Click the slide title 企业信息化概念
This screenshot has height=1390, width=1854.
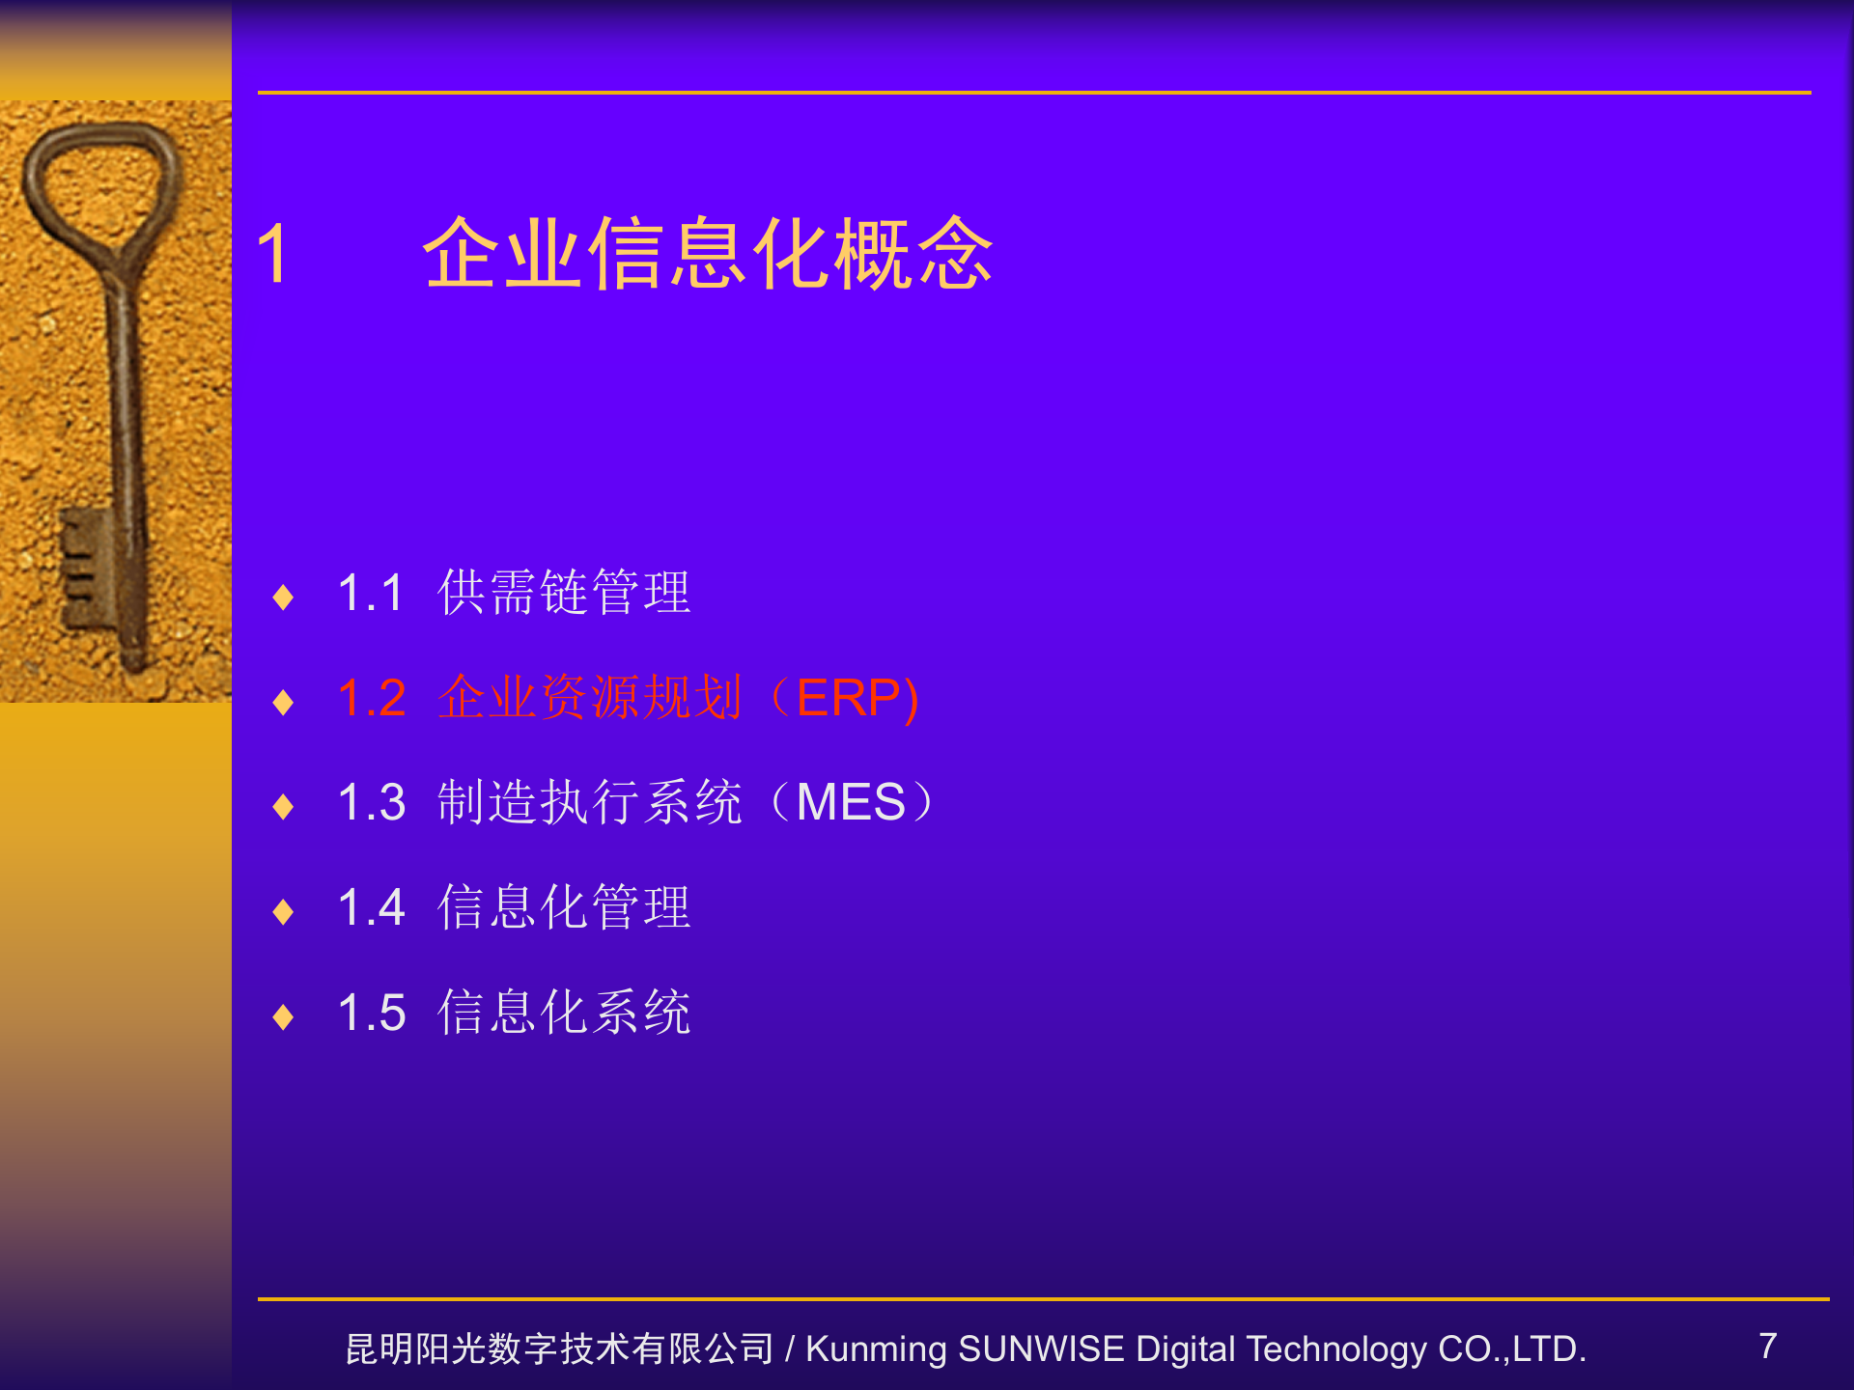point(708,253)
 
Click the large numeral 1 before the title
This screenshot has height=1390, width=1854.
point(273,253)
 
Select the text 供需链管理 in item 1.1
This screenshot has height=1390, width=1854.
point(564,592)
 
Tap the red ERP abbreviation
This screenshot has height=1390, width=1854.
point(848,698)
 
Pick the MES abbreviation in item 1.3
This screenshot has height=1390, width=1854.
point(851,802)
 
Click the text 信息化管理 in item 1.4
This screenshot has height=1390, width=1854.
point(564,907)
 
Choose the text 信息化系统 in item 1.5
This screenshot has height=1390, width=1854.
point(564,1013)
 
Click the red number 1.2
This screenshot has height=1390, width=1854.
point(372,698)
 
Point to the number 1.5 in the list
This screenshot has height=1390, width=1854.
point(372,1013)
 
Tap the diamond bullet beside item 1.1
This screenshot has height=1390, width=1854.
point(283,597)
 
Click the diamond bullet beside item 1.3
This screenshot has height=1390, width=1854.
point(283,806)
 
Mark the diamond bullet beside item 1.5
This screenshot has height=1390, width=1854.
point(283,1016)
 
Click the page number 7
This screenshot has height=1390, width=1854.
point(1767,1346)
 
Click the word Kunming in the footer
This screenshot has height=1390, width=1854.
point(876,1348)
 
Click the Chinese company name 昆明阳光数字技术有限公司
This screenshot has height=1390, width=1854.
point(559,1348)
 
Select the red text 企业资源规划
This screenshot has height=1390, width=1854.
point(589,698)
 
